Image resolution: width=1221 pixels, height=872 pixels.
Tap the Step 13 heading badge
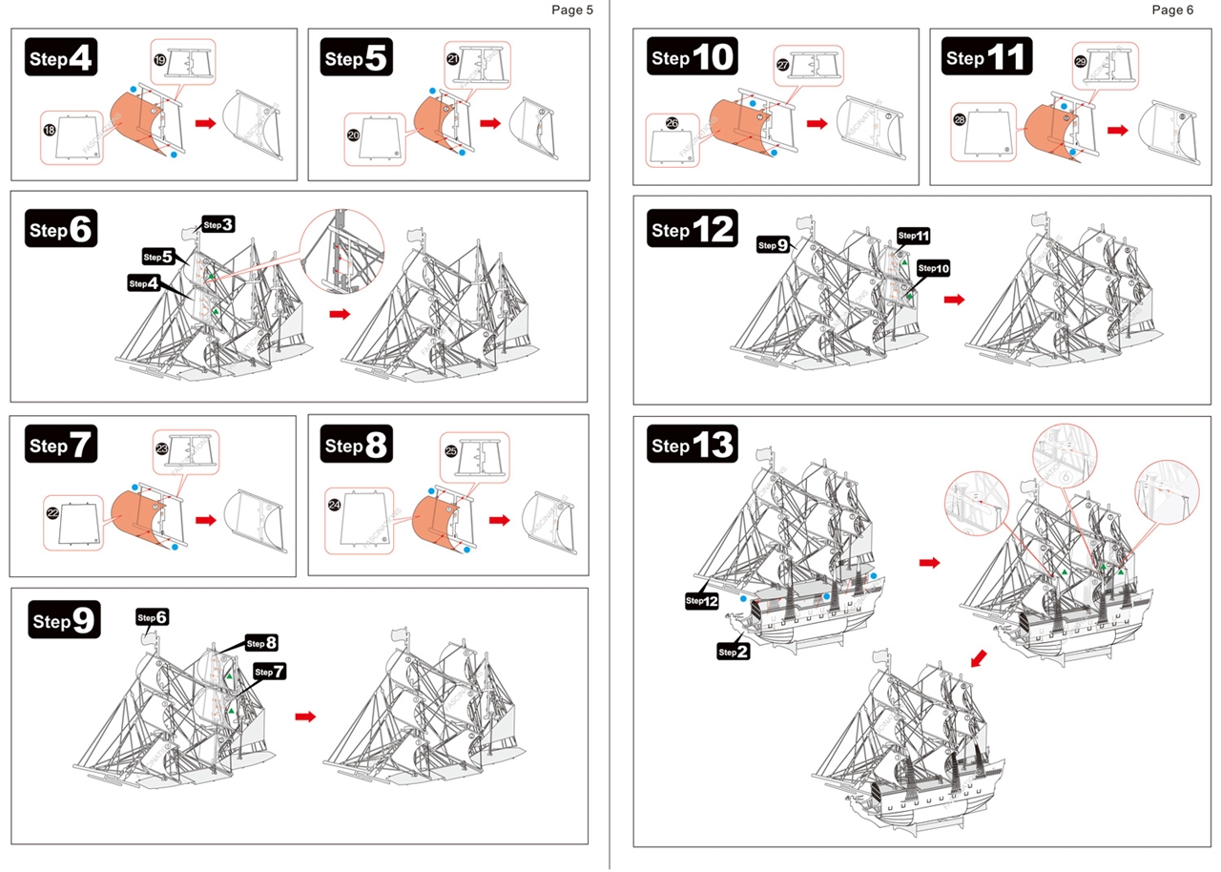pos(693,445)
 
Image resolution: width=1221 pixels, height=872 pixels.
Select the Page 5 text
pos(572,10)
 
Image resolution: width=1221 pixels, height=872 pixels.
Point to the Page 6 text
pos(1172,10)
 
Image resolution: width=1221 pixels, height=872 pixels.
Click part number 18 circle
pos(50,128)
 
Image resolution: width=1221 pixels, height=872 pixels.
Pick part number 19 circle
pos(158,60)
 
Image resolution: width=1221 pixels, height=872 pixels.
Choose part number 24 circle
pos(334,505)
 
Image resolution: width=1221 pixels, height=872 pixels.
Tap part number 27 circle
pos(782,65)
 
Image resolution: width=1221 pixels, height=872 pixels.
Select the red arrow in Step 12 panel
pos(953,300)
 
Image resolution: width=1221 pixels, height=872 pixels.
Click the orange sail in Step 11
pos(1047,131)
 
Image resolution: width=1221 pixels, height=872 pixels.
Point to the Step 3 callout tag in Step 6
pos(217,224)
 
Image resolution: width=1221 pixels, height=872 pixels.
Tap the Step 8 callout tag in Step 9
pos(260,643)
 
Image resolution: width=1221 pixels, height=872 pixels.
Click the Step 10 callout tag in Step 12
pos(933,269)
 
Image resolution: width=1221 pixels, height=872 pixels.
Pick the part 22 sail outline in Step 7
pos(74,521)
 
